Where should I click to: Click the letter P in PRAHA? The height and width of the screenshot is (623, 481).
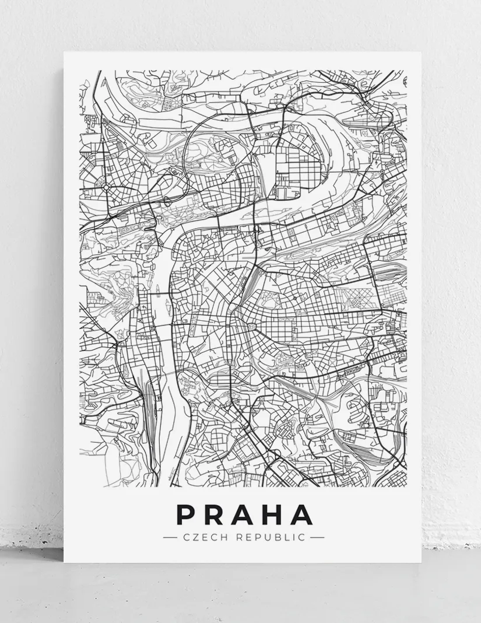click(187, 514)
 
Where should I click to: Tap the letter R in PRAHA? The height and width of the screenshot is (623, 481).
click(216, 514)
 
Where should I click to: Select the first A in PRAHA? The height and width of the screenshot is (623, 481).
click(245, 514)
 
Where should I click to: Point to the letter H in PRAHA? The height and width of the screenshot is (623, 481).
click(275, 514)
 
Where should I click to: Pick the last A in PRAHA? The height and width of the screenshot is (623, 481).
click(303, 514)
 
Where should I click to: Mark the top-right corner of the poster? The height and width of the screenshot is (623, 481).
click(421, 52)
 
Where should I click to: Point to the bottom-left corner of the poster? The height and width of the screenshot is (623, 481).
click(64, 562)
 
